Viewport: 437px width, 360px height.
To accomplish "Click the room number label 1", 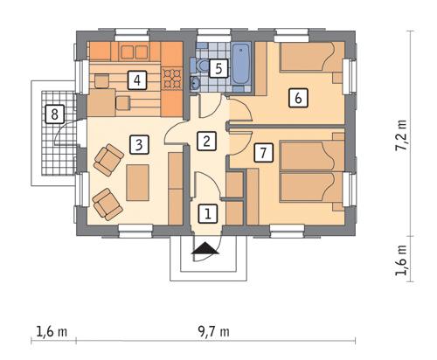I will pos(207,212).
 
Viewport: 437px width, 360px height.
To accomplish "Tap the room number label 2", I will pos(206,140).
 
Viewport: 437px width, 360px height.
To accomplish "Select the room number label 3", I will pos(137,144).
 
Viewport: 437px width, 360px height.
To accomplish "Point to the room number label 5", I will pos(219,67).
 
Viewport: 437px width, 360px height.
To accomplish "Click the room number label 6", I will pos(298,98).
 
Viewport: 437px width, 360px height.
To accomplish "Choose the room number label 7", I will pos(263,153).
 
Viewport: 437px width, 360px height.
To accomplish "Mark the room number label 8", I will pos(54,114).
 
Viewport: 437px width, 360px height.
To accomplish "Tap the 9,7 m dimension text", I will pos(214,331).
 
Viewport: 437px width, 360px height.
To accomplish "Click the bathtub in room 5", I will pos(241,58).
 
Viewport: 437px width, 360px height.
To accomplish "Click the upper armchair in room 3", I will pos(108,160).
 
